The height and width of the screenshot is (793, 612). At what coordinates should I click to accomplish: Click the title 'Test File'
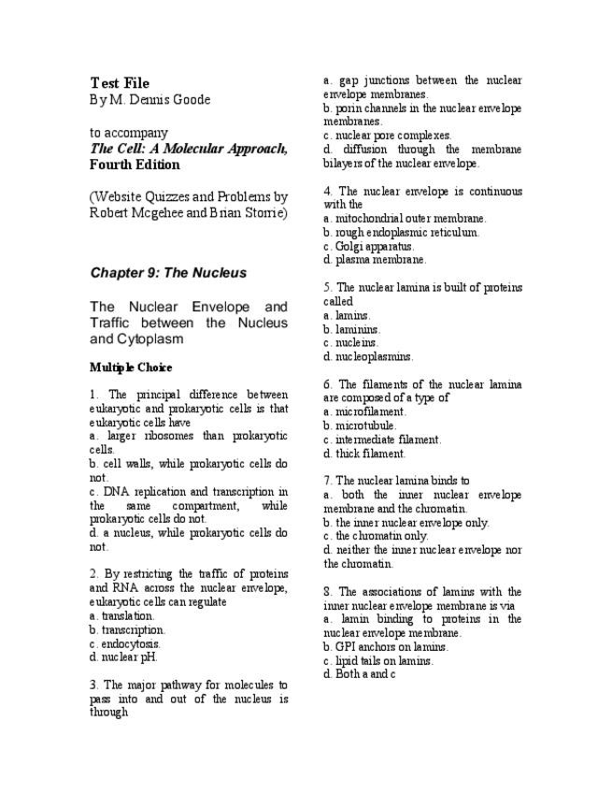point(120,83)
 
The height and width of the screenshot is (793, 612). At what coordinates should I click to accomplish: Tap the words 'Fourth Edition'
point(135,165)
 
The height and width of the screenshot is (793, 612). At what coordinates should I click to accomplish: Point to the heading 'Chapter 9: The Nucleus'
point(168,273)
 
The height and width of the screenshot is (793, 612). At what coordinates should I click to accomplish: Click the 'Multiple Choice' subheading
point(131,367)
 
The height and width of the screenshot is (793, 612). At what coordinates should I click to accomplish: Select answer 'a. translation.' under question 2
point(122,616)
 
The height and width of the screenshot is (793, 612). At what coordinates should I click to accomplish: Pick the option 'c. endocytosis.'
point(125,643)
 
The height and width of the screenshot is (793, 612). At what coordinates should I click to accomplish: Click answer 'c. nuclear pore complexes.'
point(387,136)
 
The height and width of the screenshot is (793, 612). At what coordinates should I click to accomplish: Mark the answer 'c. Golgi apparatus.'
point(368,246)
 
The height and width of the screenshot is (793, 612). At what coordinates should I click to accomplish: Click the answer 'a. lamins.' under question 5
point(347,316)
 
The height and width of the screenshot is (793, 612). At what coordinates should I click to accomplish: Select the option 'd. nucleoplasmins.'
point(367,356)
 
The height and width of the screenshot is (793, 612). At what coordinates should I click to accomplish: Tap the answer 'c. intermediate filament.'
point(382,440)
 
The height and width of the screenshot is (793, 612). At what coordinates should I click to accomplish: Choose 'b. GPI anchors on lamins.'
point(386,646)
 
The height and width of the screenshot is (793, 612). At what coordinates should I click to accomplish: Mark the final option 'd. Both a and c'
point(359,673)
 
